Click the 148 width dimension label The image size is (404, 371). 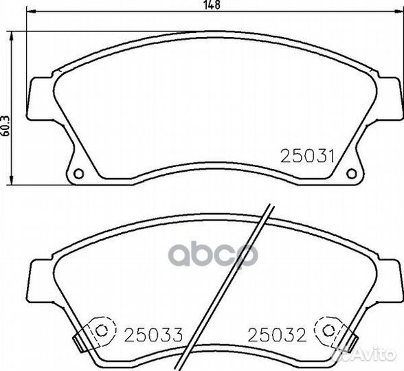point(212,5)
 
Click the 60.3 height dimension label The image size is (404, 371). point(5,126)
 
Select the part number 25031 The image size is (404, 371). point(307,157)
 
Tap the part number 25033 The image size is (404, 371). point(154,335)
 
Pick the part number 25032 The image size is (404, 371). point(277,335)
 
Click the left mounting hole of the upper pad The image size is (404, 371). point(78,173)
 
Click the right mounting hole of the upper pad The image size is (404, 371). point(352,173)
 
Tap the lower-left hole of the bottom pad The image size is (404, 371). point(101,330)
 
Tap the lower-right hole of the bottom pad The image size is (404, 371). point(328,330)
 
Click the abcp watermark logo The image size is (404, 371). point(213,254)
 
